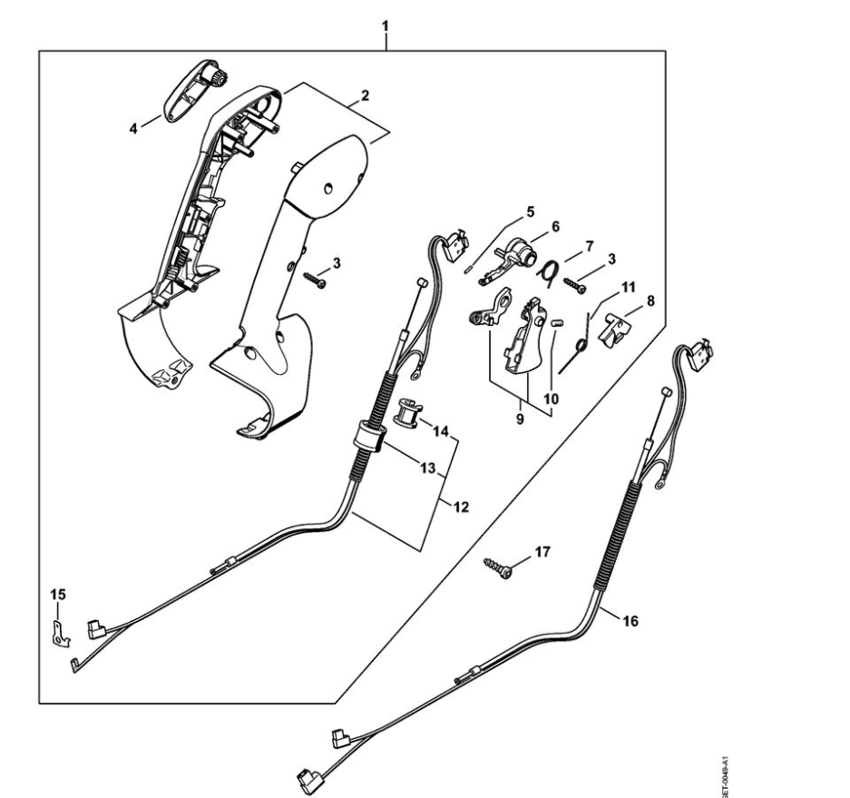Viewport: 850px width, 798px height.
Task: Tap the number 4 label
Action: (133, 129)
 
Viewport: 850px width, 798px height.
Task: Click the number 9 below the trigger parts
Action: (520, 420)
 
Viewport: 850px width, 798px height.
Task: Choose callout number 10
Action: (552, 398)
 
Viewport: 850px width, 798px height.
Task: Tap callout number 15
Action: (58, 594)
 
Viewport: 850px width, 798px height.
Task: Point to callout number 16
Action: (631, 621)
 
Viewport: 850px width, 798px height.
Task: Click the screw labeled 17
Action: (497, 569)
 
